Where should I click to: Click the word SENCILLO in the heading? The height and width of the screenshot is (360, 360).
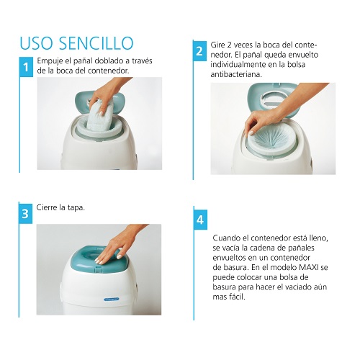tap(96, 43)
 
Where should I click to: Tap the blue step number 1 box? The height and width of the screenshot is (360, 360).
tap(26, 67)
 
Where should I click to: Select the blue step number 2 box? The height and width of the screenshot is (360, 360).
tap(199, 51)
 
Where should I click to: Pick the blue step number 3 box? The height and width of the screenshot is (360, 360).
tap(25, 214)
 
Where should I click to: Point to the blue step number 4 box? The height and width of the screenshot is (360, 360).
tap(200, 220)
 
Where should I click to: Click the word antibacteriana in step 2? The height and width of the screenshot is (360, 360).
tap(236, 74)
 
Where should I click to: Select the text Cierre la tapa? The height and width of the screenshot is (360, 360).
tap(60, 207)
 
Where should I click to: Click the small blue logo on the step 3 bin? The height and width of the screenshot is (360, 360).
tap(112, 300)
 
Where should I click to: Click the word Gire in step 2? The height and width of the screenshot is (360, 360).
tap(217, 45)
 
